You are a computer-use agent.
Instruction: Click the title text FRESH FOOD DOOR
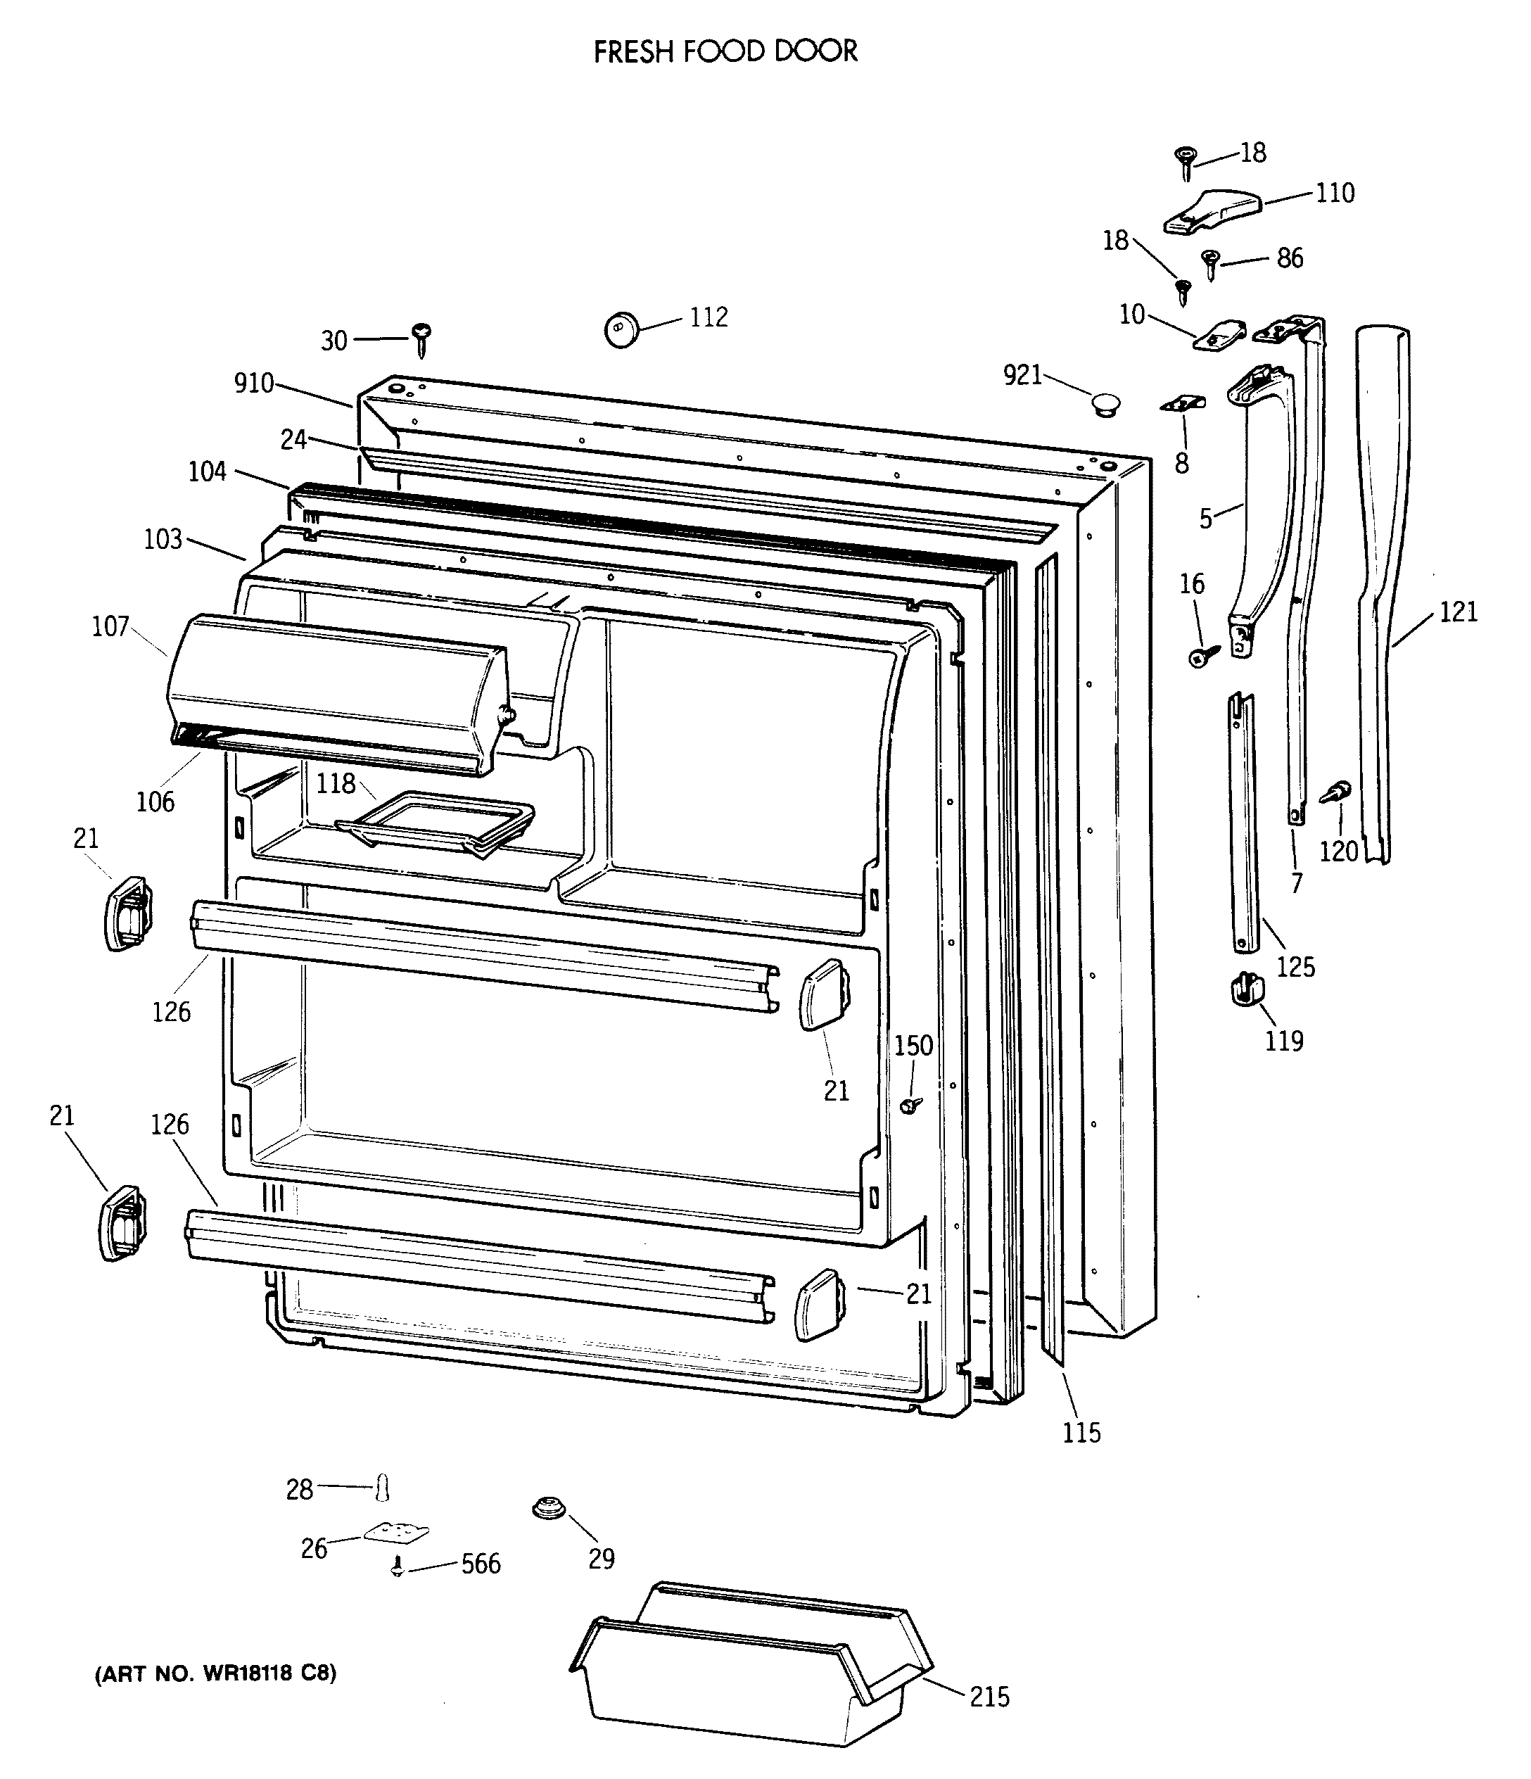pos(725,51)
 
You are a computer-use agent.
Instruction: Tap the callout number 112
pos(709,317)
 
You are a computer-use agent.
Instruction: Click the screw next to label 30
pos(421,340)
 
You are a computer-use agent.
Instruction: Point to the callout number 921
pos(1023,374)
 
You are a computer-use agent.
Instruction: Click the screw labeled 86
pos(1211,262)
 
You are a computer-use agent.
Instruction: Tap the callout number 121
pos(1458,612)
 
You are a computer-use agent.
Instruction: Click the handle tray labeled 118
pos(436,823)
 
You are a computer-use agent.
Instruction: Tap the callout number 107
pos(110,627)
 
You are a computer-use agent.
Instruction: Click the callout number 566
pos(480,1564)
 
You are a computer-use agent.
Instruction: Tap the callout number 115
pos(1081,1433)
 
